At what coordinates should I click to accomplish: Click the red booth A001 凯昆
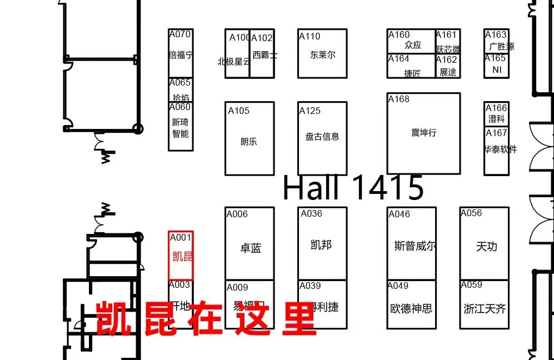[181, 256]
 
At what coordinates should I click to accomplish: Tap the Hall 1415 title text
[353, 188]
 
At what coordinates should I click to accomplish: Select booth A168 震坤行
[423, 133]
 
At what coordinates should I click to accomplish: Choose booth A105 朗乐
[249, 139]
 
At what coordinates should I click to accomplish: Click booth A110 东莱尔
[322, 54]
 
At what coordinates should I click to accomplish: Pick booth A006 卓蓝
[249, 244]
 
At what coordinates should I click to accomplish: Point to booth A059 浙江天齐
[484, 306]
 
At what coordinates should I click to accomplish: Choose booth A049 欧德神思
[411, 306]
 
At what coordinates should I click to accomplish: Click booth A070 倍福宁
[181, 54]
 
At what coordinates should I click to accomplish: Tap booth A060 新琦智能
[181, 127]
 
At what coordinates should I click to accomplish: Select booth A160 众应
[411, 42]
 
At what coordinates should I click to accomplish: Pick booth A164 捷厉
[411, 67]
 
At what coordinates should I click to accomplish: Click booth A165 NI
[496, 67]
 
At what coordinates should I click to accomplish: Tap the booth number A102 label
[262, 38]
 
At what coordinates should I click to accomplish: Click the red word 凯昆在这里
[206, 318]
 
